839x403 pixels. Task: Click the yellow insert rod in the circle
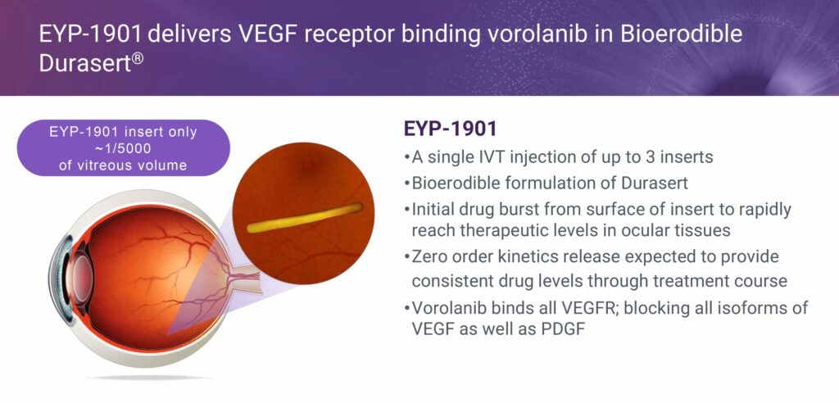(305, 217)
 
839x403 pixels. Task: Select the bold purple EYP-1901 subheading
(450, 129)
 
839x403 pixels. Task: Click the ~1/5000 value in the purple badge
(123, 148)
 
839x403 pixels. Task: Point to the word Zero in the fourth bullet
(431, 257)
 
